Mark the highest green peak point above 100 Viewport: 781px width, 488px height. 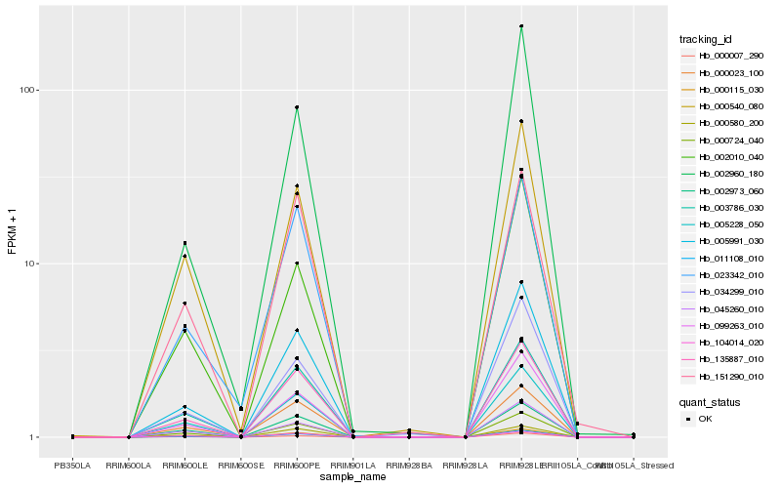tap(521, 26)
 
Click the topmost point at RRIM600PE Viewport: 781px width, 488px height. tap(297, 107)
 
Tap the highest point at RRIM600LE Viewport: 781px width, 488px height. tap(185, 243)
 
